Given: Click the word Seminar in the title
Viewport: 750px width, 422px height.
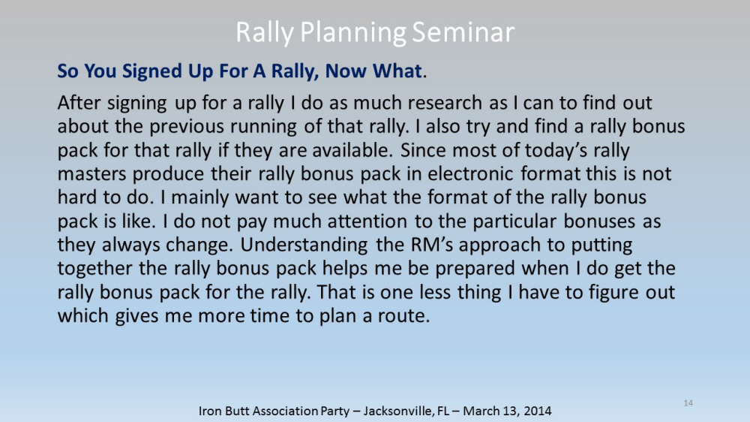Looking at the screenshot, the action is click(463, 32).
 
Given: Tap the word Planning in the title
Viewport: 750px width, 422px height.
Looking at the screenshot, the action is click(353, 33).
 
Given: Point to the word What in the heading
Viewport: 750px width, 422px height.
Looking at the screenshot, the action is click(397, 71).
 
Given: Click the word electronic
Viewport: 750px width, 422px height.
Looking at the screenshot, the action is click(470, 173).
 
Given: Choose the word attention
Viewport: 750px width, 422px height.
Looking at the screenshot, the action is click(367, 221).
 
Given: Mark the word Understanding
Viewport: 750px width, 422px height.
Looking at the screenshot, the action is click(304, 246).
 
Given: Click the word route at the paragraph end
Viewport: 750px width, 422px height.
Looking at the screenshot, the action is click(404, 316).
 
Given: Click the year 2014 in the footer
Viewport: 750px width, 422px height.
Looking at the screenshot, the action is click(537, 411).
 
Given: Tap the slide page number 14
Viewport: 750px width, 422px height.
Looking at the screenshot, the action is click(688, 402).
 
